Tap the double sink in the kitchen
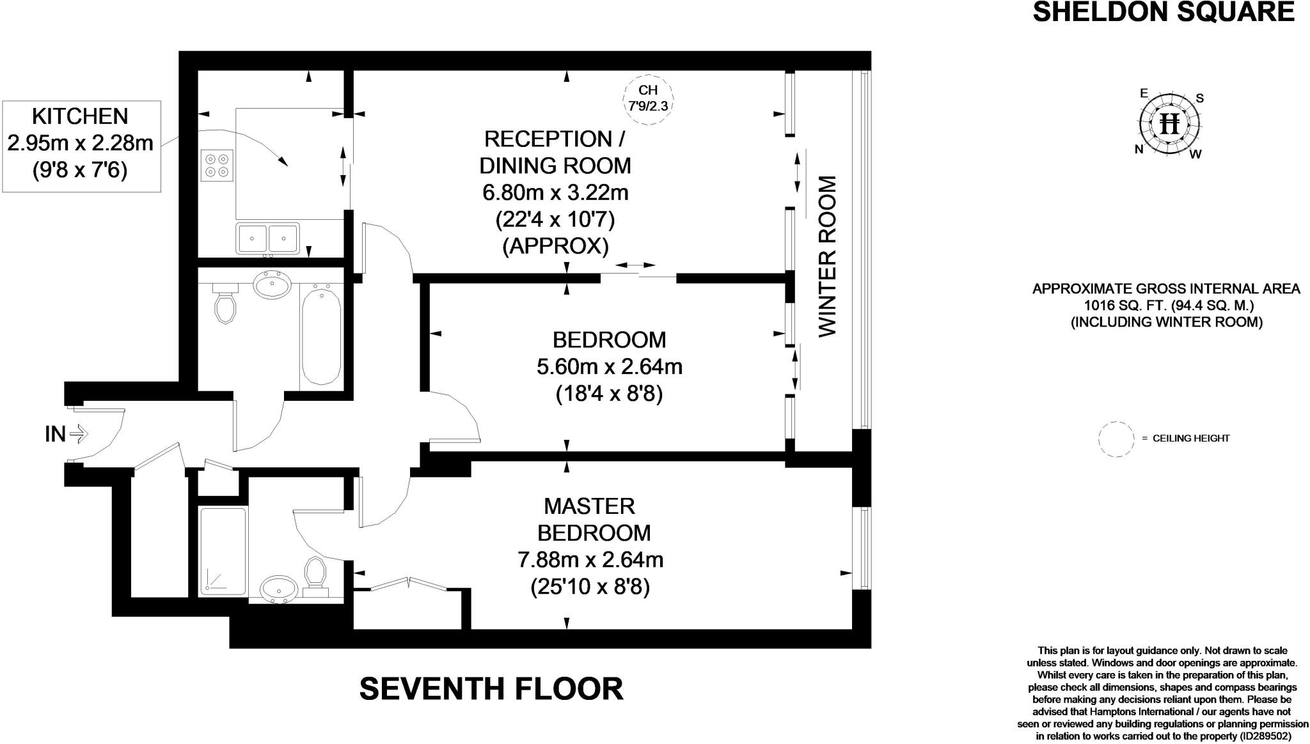coord(268,238)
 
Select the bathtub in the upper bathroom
coord(320,336)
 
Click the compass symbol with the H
coord(1169,123)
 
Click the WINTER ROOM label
coord(827,256)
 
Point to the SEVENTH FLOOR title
coord(491,688)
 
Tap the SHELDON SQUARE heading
coord(1164,12)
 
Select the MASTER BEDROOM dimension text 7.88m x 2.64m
coord(590,560)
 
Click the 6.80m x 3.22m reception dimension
coord(555,192)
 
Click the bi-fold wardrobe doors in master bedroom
coord(408,584)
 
